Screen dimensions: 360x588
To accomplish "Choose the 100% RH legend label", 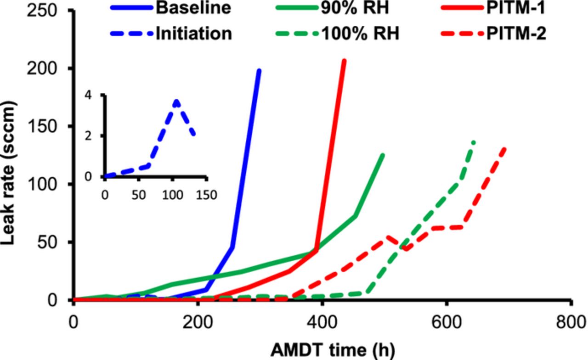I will (x=362, y=34).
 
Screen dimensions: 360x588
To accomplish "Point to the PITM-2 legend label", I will (x=517, y=34).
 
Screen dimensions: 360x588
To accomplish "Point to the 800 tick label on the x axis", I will (x=570, y=320).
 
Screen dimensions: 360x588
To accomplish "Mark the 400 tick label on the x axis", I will (x=322, y=320).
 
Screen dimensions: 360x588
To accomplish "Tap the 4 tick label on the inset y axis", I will (x=98, y=95).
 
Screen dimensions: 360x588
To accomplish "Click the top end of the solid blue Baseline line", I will (x=260, y=70).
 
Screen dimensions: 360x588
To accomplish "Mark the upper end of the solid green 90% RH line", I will (x=383, y=155).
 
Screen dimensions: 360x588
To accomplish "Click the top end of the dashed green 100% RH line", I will (x=474, y=142).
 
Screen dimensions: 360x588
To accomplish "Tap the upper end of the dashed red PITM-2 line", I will (x=505, y=148).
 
